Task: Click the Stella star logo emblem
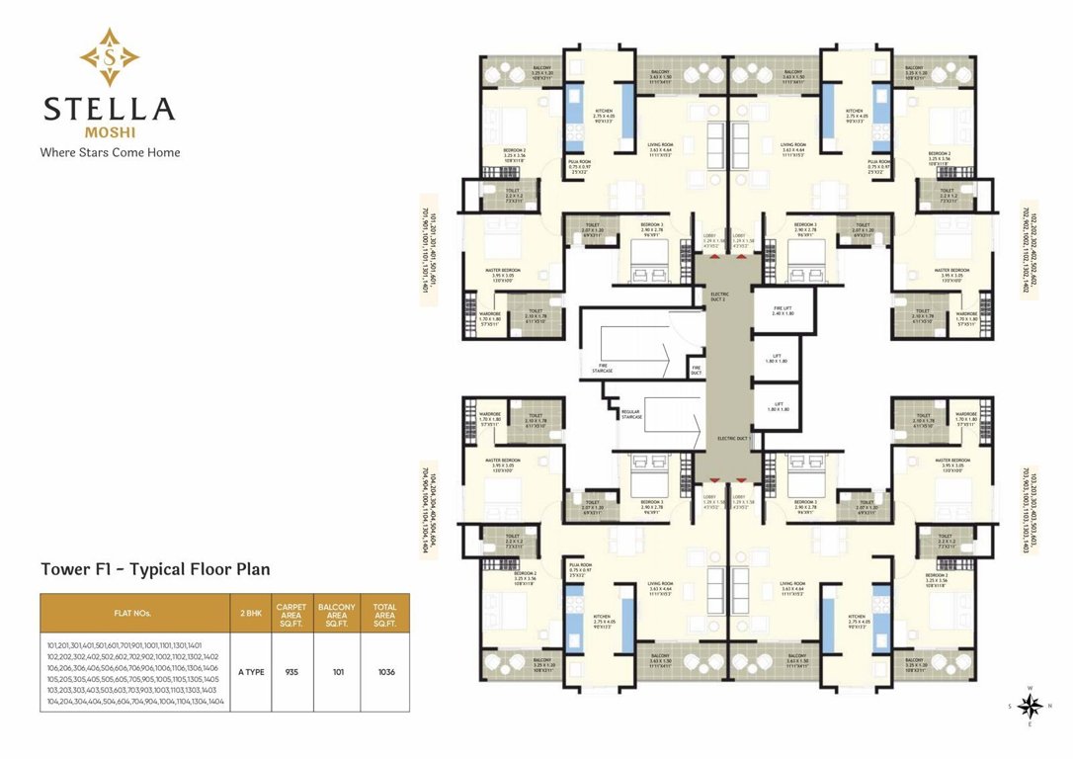(109, 56)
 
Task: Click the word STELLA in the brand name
(109, 109)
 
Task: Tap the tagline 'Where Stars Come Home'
(109, 152)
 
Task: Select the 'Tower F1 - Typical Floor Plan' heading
(155, 569)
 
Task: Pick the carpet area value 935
(291, 672)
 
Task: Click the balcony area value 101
(337, 672)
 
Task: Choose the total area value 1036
(385, 672)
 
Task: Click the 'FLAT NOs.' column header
(133, 613)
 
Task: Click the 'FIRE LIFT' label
(783, 310)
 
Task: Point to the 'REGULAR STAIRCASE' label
(631, 414)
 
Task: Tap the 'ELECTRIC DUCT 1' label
(733, 437)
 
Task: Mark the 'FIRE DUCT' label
(697, 371)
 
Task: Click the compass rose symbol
(1028, 706)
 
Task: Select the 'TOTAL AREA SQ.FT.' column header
(385, 613)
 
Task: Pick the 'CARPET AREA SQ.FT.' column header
(291, 613)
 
